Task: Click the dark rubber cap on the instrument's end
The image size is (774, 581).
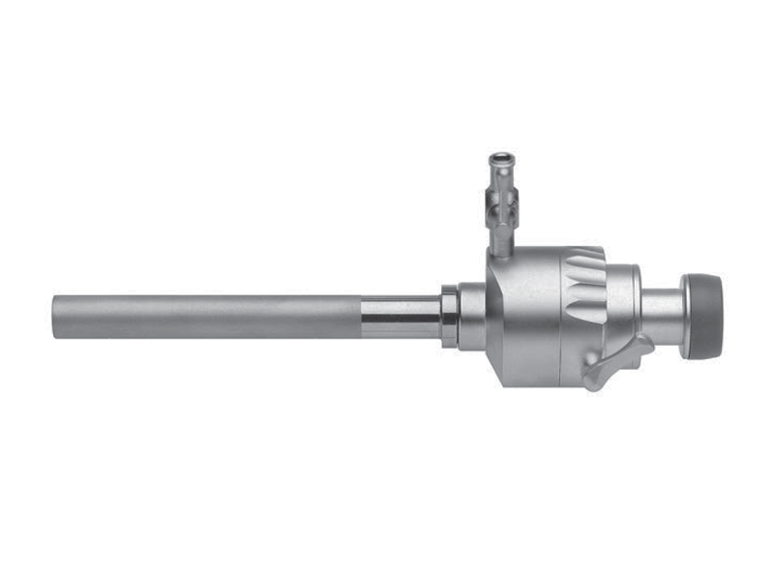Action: click(x=708, y=316)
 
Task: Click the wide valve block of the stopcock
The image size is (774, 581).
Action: click(x=502, y=202)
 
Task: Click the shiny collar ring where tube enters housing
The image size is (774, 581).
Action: click(x=449, y=316)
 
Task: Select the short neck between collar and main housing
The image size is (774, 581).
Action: click(x=471, y=316)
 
